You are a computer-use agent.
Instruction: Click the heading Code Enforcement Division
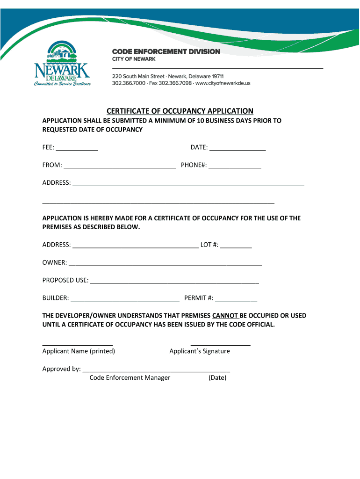point(166,51)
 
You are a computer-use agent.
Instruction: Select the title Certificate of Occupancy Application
point(180,111)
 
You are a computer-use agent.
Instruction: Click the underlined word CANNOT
point(225,315)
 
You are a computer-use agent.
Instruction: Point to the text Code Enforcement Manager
point(130,377)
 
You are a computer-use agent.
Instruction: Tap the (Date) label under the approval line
point(217,377)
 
